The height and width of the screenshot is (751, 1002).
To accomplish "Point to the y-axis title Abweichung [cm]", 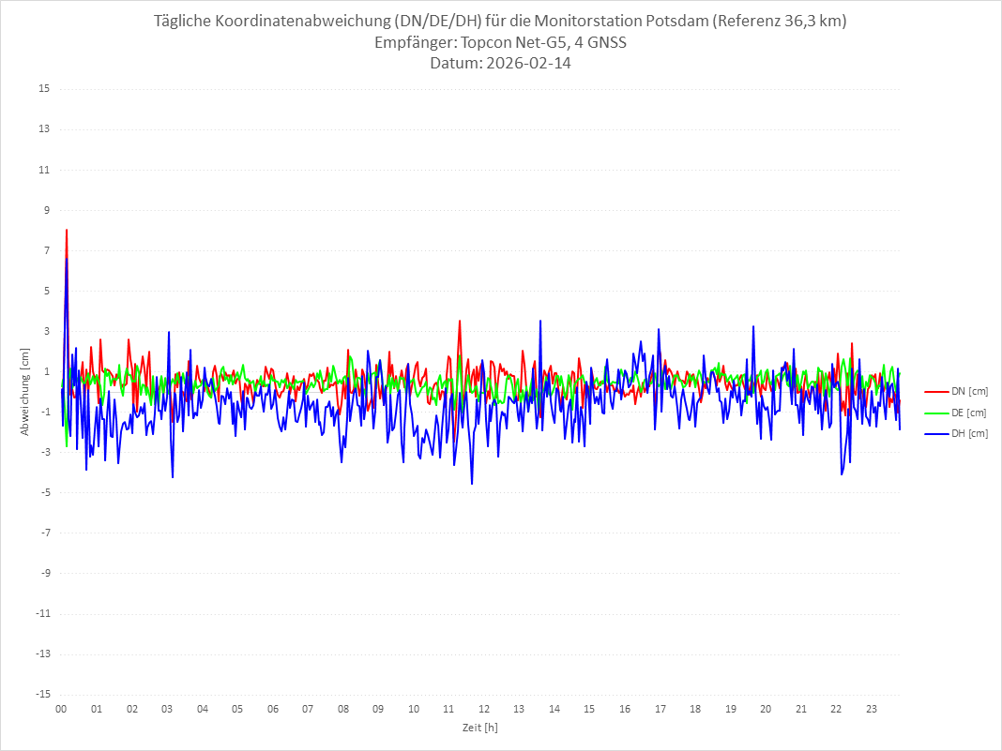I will click(x=25, y=391).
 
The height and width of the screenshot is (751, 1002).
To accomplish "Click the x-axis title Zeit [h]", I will click(x=479, y=727).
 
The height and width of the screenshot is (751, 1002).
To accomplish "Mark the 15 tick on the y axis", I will click(x=44, y=89).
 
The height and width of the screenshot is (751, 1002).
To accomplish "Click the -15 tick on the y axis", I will click(x=42, y=694).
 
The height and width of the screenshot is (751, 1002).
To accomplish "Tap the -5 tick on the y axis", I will click(x=44, y=492).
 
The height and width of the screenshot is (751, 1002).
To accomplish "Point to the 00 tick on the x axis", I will click(x=61, y=709).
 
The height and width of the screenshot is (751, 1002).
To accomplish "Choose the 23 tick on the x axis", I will click(x=872, y=709).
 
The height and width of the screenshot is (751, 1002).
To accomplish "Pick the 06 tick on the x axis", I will click(x=272, y=709).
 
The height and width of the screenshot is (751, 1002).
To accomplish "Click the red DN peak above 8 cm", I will click(x=67, y=230).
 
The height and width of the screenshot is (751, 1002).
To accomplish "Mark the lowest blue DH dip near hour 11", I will click(x=472, y=484).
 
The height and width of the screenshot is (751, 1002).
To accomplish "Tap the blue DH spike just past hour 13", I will click(x=540, y=321).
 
